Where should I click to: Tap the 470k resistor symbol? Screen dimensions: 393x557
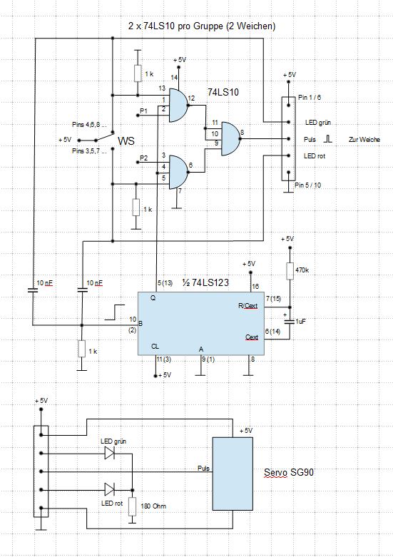click(x=290, y=271)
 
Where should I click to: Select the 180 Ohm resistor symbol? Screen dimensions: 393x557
click(x=132, y=506)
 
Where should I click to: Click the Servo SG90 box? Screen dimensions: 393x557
click(x=233, y=474)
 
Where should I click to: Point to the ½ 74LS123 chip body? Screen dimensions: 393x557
click(x=201, y=324)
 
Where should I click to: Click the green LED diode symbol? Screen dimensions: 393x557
click(x=109, y=453)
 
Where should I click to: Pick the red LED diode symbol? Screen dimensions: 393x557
click(x=109, y=489)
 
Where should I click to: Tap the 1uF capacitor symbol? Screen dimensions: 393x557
click(x=290, y=322)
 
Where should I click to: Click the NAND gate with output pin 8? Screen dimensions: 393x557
click(x=231, y=138)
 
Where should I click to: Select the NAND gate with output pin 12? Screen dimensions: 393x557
click(x=178, y=105)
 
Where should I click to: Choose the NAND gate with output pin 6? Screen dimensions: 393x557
click(x=178, y=172)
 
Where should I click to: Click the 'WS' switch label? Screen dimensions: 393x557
click(x=126, y=140)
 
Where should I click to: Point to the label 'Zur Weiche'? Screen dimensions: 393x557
click(x=364, y=140)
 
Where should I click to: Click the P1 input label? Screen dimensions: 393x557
click(x=143, y=111)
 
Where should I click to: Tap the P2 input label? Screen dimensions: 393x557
click(x=143, y=158)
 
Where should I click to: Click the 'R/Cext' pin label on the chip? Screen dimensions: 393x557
click(x=247, y=306)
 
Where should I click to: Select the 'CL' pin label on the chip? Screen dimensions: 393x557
click(x=155, y=347)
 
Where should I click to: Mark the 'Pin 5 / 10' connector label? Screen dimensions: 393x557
click(x=307, y=185)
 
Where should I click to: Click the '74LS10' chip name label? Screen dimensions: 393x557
click(x=223, y=93)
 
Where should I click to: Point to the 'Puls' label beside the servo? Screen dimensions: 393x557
click(x=203, y=468)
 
